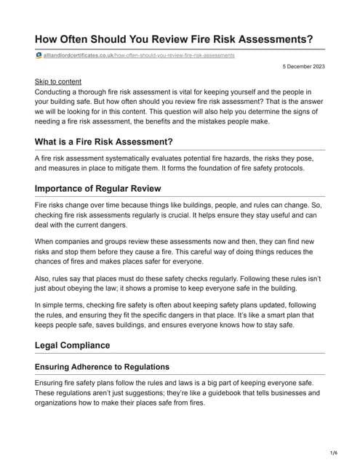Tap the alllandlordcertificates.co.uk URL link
pyautogui.click(x=139, y=55)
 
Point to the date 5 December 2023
pyautogui.click(x=305, y=67)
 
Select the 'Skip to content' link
pyautogui.click(x=58, y=82)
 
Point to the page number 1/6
pyautogui.click(x=334, y=453)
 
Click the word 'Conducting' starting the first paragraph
pyautogui.click(x=57, y=93)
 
